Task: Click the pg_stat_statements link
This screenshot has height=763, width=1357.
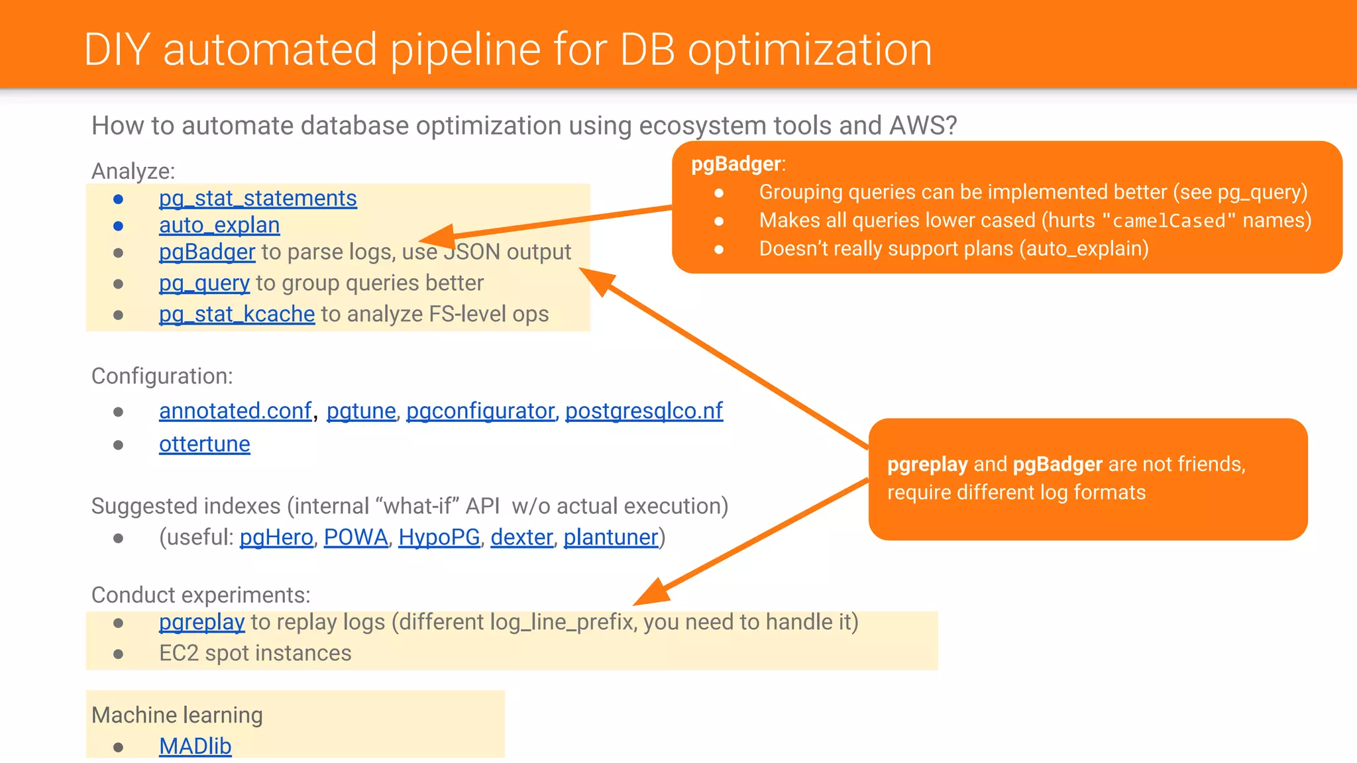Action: [x=258, y=198]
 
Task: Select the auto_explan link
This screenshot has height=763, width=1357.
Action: [x=219, y=225]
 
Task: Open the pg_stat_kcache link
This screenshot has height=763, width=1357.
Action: [x=237, y=314]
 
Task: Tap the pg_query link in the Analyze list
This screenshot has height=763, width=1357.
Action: [x=204, y=283]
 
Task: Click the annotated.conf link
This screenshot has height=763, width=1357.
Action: [x=235, y=411]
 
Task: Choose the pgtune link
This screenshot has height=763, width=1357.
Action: [x=361, y=411]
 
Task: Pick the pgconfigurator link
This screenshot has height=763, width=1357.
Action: [x=480, y=411]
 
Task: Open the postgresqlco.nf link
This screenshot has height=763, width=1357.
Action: [x=643, y=411]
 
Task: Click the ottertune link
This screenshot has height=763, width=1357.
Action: [x=205, y=444]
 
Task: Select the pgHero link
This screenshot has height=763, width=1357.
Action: [x=276, y=537]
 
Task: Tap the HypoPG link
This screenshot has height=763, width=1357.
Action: [x=439, y=537]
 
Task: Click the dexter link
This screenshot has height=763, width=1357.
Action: [x=521, y=537]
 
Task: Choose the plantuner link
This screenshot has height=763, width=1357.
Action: [x=611, y=537]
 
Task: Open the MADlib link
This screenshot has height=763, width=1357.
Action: [x=195, y=746]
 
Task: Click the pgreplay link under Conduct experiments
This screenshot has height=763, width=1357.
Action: [x=202, y=623]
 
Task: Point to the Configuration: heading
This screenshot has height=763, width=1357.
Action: [x=162, y=376]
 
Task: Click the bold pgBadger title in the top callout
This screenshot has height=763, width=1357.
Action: [x=736, y=164]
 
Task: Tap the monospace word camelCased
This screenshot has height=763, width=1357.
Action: [x=1169, y=221]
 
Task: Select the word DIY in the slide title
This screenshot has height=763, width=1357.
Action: [x=117, y=50]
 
